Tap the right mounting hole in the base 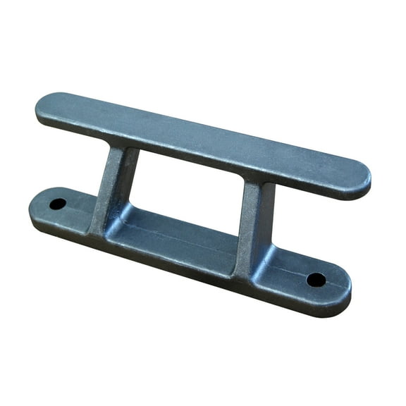tap(316, 279)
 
